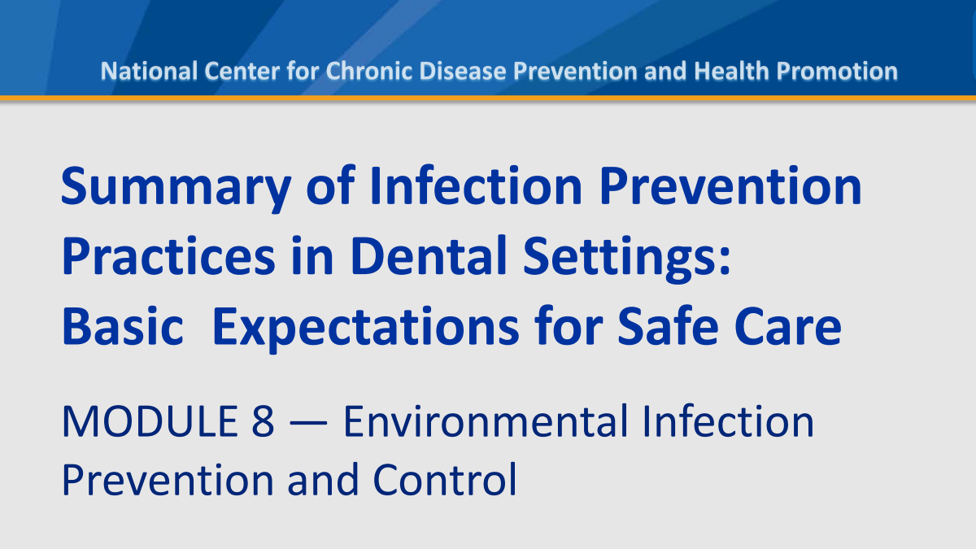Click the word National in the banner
(x=149, y=71)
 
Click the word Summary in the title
(x=176, y=187)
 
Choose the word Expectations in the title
(x=365, y=329)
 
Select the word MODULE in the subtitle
(x=150, y=421)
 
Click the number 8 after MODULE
(x=263, y=421)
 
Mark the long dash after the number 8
(x=308, y=423)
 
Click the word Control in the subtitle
(x=445, y=479)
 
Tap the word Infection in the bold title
(x=476, y=185)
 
